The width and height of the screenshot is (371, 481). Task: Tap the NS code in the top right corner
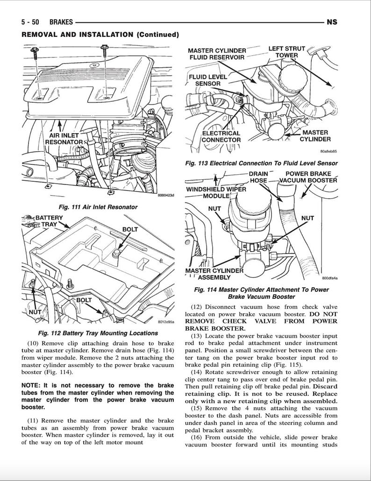(332, 22)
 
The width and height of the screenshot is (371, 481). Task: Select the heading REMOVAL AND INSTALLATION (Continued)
(100, 35)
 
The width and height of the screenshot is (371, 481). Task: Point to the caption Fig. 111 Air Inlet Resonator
(98, 206)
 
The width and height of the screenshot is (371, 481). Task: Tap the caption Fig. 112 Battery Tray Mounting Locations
(98, 333)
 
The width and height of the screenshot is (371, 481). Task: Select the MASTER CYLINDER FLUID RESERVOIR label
(216, 54)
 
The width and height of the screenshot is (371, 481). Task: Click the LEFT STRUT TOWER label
(286, 52)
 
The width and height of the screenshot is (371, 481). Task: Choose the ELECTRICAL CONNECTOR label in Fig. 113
(221, 136)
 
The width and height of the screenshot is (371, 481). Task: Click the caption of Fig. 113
(261, 163)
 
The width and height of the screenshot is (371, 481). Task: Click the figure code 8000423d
(165, 196)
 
